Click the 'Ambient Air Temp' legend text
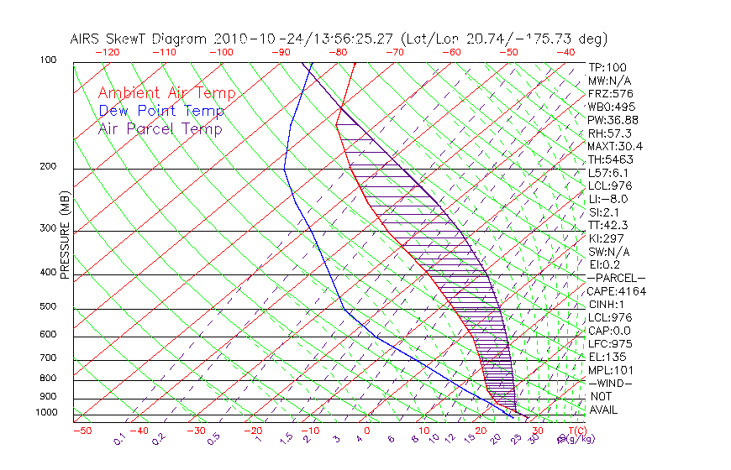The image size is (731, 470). [x=166, y=93]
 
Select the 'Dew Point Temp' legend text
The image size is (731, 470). [x=160, y=111]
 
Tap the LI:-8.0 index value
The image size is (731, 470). [x=607, y=199]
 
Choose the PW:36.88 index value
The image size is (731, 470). [x=613, y=120]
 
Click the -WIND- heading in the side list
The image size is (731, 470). [x=609, y=383]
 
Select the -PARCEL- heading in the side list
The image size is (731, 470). [x=616, y=278]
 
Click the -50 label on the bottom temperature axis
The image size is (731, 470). [x=82, y=431]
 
